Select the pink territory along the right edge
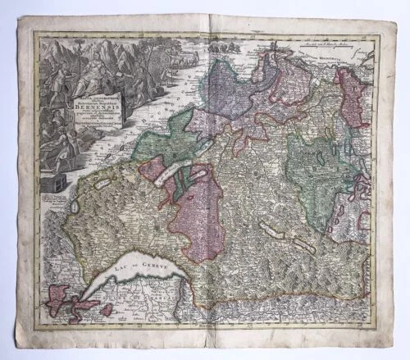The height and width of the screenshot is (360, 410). tap(353, 97)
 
